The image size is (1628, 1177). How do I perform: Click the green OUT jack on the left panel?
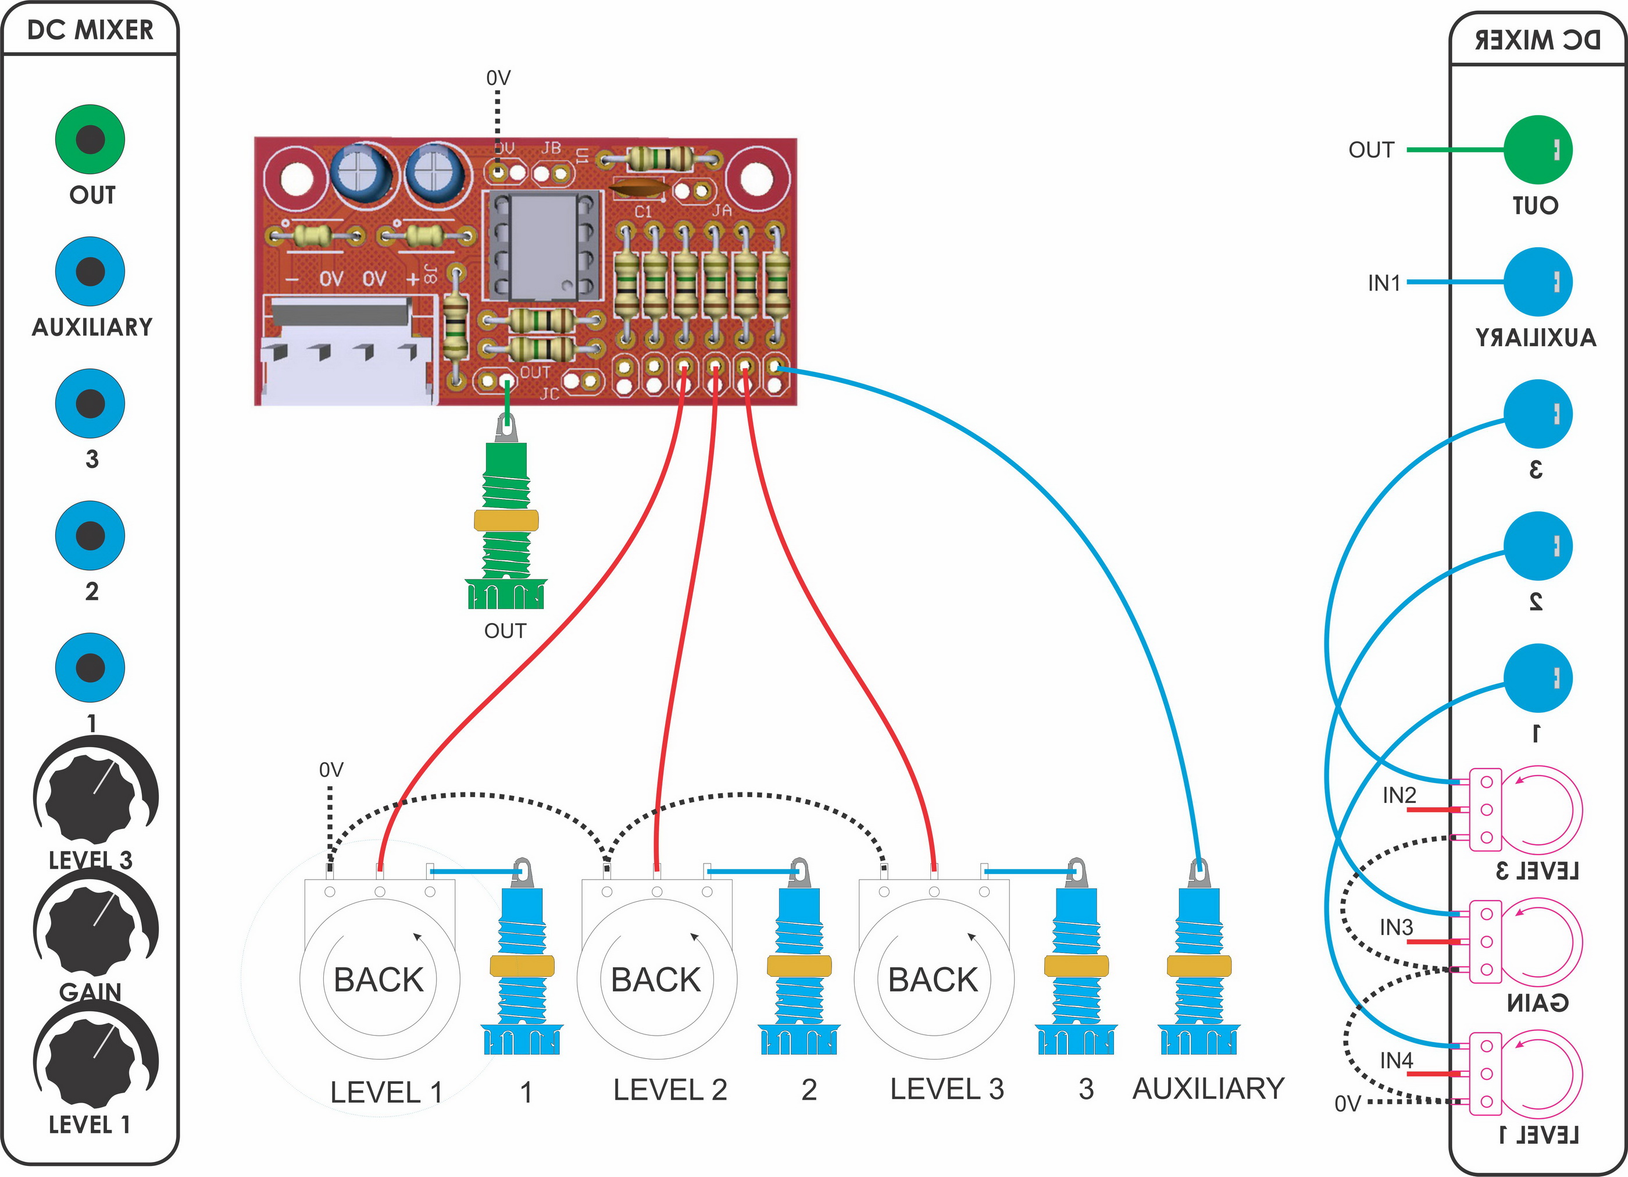[x=91, y=139]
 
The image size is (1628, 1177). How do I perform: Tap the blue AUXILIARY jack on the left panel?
[x=91, y=272]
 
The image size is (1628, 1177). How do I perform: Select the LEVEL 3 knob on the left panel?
[x=92, y=797]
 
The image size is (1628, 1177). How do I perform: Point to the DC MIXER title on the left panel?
[x=91, y=30]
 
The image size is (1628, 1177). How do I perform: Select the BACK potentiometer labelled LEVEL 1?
[x=380, y=978]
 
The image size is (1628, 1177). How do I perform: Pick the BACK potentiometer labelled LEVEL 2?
[x=656, y=978]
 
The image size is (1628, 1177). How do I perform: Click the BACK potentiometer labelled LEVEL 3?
[x=933, y=978]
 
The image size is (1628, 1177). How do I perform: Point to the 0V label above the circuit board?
[x=498, y=77]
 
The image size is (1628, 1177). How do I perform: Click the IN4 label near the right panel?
[x=1396, y=1060]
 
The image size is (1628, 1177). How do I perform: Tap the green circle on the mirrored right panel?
[x=1537, y=150]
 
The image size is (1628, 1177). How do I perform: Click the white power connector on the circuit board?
[x=348, y=352]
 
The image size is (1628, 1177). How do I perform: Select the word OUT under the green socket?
[x=505, y=631]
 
